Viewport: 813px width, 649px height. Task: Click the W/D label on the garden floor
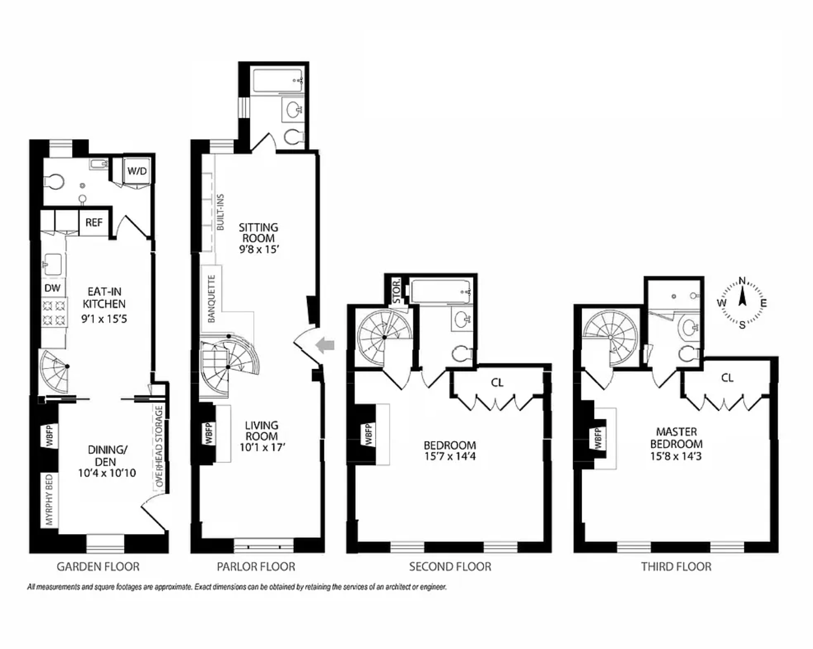tap(137, 171)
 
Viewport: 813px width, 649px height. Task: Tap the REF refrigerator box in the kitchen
tap(94, 222)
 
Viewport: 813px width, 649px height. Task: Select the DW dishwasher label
tap(53, 288)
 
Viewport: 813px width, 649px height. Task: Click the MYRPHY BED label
tap(50, 499)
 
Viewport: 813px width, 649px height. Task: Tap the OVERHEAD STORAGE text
tap(160, 446)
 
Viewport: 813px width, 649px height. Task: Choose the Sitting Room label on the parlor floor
tap(258, 233)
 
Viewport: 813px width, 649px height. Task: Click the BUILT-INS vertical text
tap(220, 212)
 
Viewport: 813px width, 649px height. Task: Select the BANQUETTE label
tap(211, 299)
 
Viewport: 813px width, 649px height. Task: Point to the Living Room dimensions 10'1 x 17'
tap(262, 447)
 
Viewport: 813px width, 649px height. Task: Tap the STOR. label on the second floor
tap(397, 291)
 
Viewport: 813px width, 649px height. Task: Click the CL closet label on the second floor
tap(497, 383)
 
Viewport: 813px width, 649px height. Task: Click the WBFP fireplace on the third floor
tap(597, 438)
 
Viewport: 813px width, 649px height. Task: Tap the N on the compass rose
tap(742, 281)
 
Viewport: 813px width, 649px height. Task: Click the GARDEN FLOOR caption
tap(98, 566)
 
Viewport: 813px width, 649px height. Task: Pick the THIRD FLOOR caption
tap(676, 566)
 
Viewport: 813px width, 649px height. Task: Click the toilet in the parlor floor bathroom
tap(293, 137)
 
